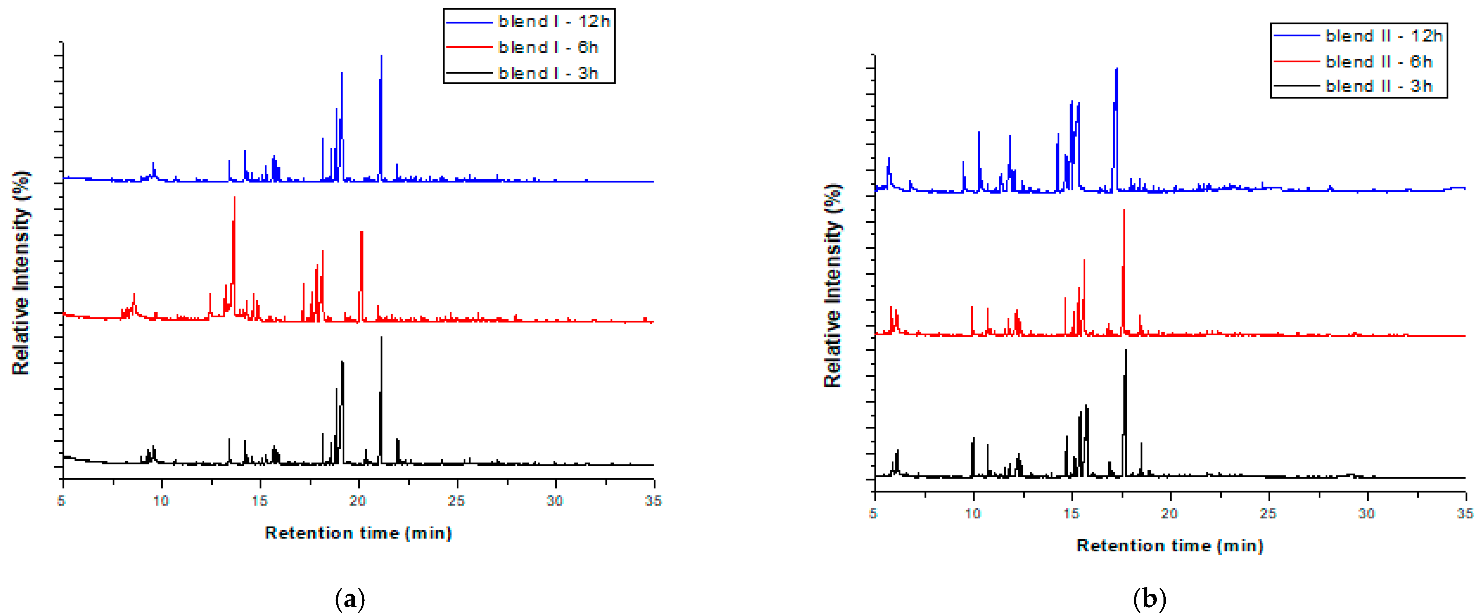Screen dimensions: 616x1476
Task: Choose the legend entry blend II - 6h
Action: (1378, 61)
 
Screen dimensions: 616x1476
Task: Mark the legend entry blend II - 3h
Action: (1378, 86)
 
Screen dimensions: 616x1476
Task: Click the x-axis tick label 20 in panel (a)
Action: (358, 501)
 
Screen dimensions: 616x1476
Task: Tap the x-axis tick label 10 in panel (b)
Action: (973, 513)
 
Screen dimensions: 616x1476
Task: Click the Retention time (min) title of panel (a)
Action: (358, 533)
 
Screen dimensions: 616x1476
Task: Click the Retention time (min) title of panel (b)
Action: (1170, 546)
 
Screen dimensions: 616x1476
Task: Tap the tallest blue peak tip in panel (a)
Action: (381, 56)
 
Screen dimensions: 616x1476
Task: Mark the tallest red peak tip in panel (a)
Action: (234, 197)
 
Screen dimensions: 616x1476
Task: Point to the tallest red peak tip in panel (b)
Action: (1124, 210)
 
